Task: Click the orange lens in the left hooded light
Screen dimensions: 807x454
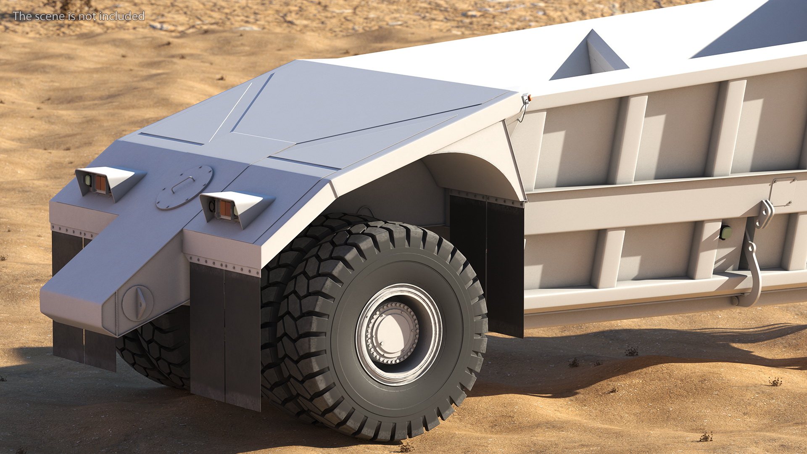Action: tap(100, 184)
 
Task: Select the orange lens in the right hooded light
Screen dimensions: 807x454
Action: tap(225, 209)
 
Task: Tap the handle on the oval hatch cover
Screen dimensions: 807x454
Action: tap(183, 184)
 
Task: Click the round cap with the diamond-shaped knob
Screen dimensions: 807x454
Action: tap(137, 303)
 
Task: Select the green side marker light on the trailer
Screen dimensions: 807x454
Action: tap(726, 232)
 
